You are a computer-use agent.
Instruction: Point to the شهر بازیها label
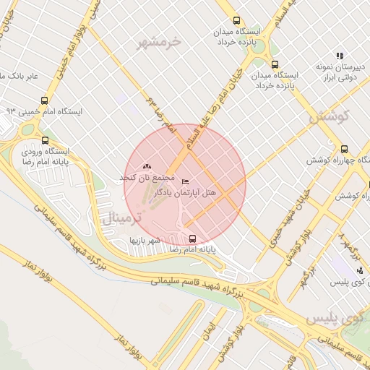(x=144, y=240)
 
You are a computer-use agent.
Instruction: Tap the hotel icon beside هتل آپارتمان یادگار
(x=186, y=181)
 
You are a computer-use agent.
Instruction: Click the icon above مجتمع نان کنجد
(x=148, y=167)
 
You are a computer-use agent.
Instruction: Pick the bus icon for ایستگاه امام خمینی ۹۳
(x=45, y=101)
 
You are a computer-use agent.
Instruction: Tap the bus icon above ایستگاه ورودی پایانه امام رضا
(x=46, y=140)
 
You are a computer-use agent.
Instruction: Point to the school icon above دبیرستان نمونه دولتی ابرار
(x=340, y=56)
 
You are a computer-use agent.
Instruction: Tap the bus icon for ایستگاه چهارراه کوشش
(x=343, y=147)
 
